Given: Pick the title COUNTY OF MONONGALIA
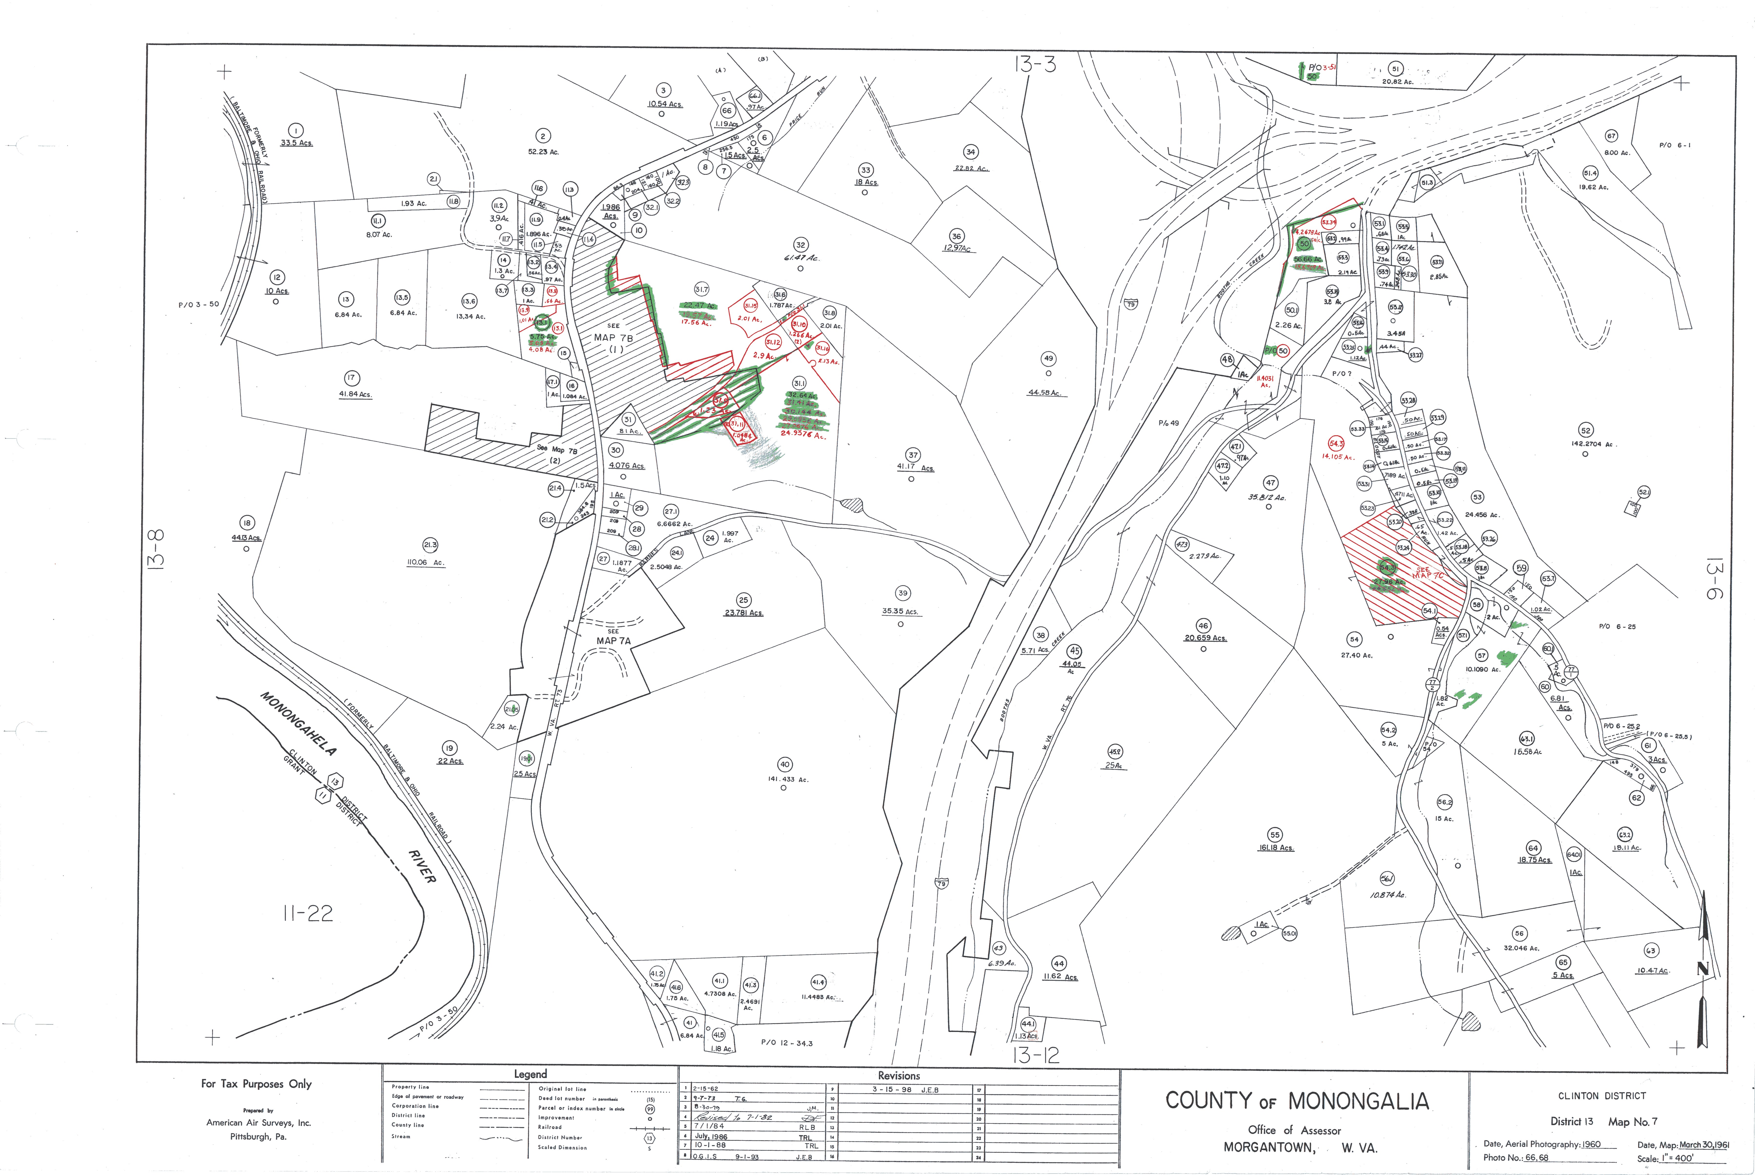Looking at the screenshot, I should click(1297, 1101).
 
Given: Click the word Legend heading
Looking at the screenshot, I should click(530, 1074).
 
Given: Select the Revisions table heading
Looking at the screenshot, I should click(899, 1075).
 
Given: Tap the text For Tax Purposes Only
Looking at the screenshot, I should click(256, 1084).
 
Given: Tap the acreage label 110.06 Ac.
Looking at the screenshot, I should click(425, 562).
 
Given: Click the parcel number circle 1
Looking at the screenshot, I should click(296, 130).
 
